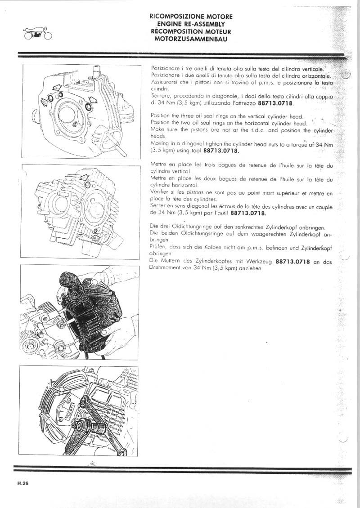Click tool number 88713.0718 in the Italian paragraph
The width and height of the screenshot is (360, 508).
[x=275, y=103]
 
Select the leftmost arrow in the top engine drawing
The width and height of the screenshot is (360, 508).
[x=44, y=101]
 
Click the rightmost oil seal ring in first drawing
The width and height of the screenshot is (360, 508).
[x=88, y=107]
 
